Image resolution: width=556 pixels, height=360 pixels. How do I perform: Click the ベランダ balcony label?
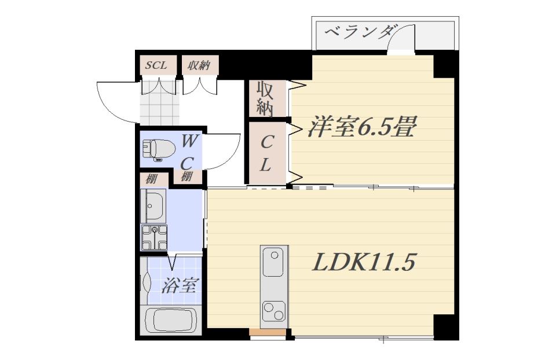359,33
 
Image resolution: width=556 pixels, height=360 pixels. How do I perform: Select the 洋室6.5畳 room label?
361,127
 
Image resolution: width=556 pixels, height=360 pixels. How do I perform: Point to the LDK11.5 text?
364,263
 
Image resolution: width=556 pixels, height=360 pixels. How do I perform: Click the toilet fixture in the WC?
159,149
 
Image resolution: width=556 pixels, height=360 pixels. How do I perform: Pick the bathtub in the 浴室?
172,320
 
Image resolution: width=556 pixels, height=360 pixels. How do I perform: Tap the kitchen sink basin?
273,263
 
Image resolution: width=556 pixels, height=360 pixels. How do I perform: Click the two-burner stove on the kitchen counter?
274,311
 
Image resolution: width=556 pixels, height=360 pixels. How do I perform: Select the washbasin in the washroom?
153,206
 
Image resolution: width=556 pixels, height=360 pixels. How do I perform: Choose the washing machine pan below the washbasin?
154,237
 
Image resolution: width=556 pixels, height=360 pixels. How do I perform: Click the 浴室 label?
180,285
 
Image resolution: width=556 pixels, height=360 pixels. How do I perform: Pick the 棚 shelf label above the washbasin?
152,179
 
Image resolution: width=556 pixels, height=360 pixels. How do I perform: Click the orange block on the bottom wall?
268,332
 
